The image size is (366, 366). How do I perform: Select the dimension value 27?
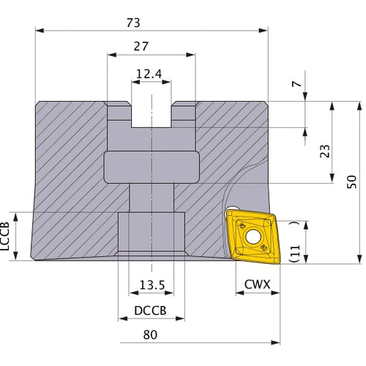pyautogui.click(x=142, y=45)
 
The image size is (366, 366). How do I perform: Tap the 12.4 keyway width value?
pyautogui.click(x=151, y=74)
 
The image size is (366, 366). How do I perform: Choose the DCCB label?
pyautogui.click(x=151, y=310)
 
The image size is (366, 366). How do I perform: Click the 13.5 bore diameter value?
pyautogui.click(x=151, y=285)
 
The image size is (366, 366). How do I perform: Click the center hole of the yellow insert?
pyautogui.click(x=253, y=236)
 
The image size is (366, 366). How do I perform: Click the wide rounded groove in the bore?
pyautogui.click(x=152, y=167)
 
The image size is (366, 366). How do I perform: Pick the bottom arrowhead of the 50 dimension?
pyautogui.click(x=358, y=259)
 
